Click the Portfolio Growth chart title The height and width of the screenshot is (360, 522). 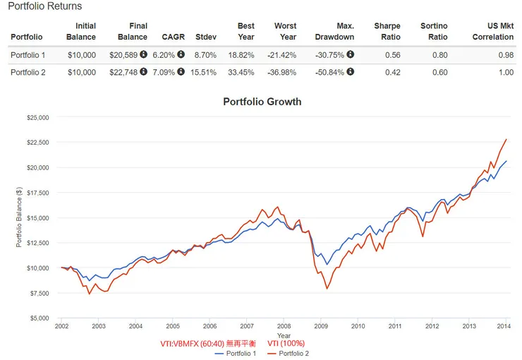[262, 102]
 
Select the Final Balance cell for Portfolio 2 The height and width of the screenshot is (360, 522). [124, 71]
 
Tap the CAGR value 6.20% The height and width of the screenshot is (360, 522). [165, 54]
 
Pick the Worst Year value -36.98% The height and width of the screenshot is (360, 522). [281, 71]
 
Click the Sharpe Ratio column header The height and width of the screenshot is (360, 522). [387, 32]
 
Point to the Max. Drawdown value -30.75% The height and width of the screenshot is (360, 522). [330, 54]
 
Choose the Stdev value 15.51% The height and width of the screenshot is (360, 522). [206, 71]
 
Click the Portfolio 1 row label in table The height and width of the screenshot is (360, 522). [28, 54]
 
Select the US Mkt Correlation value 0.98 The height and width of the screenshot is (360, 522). [507, 54]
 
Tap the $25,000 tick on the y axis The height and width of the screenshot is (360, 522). [38, 118]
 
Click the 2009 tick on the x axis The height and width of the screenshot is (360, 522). [321, 326]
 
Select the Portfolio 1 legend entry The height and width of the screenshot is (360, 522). [236, 353]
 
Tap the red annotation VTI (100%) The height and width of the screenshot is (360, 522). [286, 343]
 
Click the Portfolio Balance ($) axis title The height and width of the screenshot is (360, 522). [19, 218]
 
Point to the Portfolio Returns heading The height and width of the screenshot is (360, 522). [45, 6]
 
